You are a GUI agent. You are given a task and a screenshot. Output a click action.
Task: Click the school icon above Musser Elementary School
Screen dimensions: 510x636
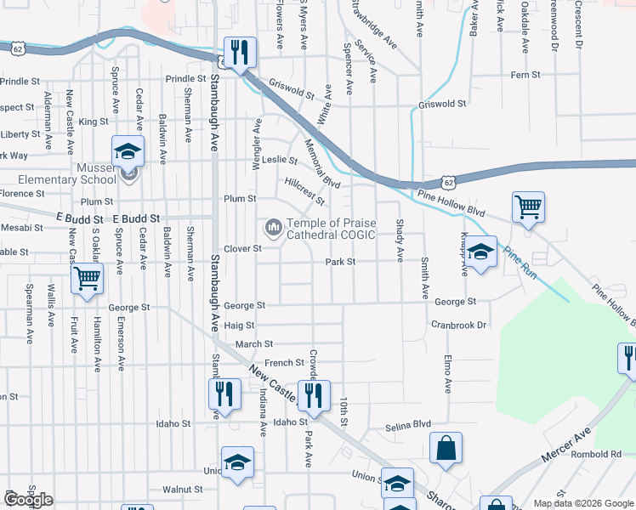128,152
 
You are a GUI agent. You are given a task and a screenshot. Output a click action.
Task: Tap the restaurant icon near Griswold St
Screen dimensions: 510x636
239,52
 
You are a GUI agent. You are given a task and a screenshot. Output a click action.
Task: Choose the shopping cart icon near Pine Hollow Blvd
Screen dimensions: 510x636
528,207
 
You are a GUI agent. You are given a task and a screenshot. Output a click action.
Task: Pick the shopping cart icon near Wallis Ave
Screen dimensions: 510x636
88,278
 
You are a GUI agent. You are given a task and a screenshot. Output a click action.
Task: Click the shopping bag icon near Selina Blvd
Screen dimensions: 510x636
446,447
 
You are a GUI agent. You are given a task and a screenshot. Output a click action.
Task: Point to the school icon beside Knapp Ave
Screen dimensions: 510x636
480,252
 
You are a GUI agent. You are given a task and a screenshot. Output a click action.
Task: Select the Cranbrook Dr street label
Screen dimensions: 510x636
457,325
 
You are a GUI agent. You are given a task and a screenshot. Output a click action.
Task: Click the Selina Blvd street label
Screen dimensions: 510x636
408,425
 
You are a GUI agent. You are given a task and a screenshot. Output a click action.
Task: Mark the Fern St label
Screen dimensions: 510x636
520,75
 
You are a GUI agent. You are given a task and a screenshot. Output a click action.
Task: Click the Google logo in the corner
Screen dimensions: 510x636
28,500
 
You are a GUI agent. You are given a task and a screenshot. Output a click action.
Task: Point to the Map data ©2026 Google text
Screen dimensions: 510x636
583,503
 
